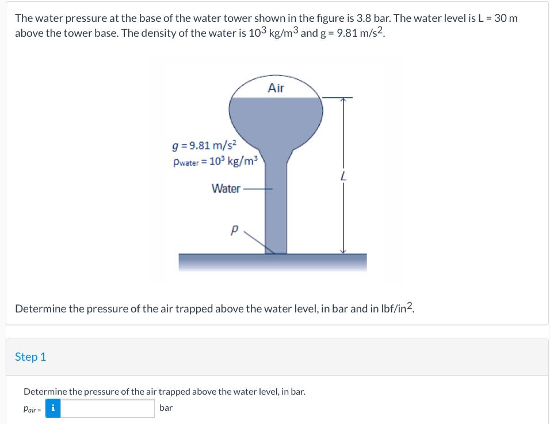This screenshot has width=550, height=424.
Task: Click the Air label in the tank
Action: pyautogui.click(x=276, y=88)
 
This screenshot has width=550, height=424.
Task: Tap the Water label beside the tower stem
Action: pyautogui.click(x=226, y=188)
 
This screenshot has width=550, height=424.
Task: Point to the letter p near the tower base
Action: pyautogui.click(x=234, y=229)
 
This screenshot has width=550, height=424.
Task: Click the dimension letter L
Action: pyautogui.click(x=343, y=178)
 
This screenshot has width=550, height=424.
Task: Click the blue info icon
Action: pyautogui.click(x=53, y=408)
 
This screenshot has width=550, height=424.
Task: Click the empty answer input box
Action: pyautogui.click(x=108, y=408)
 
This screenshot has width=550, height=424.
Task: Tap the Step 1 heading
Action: pyautogui.click(x=30, y=357)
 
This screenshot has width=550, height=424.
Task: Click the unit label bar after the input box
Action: pyautogui.click(x=166, y=408)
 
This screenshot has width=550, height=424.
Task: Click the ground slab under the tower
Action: pyautogui.click(x=272, y=262)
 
